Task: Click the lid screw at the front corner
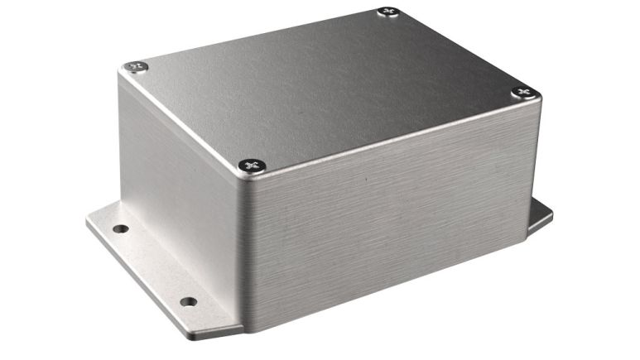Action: coord(253,166)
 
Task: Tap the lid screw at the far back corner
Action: coord(387,12)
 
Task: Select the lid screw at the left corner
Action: coord(136,66)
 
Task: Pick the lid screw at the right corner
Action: coord(522,92)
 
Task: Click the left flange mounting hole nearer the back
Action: coord(121,228)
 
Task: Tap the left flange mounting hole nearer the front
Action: coord(188,301)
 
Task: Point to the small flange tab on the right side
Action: coord(539,217)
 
